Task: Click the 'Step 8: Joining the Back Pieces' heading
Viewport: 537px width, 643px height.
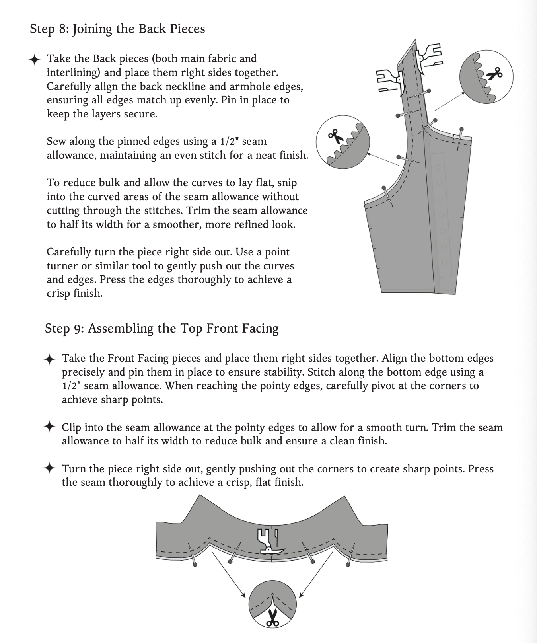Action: pyautogui.click(x=117, y=29)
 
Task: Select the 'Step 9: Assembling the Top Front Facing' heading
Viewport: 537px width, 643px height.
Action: pyautogui.click(x=161, y=328)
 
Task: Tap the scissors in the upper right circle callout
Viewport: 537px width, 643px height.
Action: pyautogui.click(x=495, y=74)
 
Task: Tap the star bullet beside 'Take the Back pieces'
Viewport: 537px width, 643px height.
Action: pyautogui.click(x=35, y=59)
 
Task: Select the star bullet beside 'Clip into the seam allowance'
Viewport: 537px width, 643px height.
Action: pyautogui.click(x=49, y=427)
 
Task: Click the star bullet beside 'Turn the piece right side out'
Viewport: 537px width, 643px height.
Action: pyautogui.click(x=49, y=468)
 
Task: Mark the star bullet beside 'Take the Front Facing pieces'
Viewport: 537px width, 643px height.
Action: pyautogui.click(x=49, y=359)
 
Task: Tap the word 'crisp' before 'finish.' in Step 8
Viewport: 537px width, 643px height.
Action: pyautogui.click(x=59, y=293)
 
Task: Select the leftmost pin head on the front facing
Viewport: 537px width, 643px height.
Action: pyautogui.click(x=195, y=564)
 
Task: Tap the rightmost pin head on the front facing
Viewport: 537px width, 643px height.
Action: pyautogui.click(x=348, y=564)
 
